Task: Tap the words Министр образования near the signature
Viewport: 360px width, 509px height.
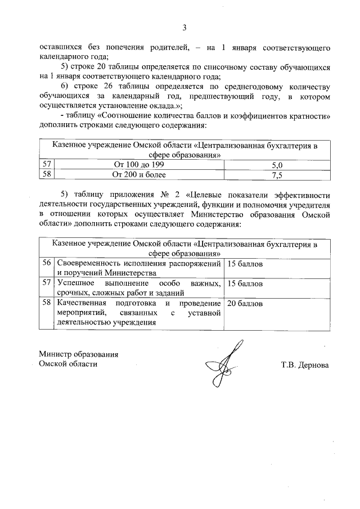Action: pos(78,354)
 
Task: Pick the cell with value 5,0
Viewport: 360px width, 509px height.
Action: pos(276,165)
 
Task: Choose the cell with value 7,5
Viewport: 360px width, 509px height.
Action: pos(276,174)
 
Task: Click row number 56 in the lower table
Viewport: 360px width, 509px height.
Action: pos(47,263)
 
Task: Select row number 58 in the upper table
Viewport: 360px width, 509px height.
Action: pos(47,174)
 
